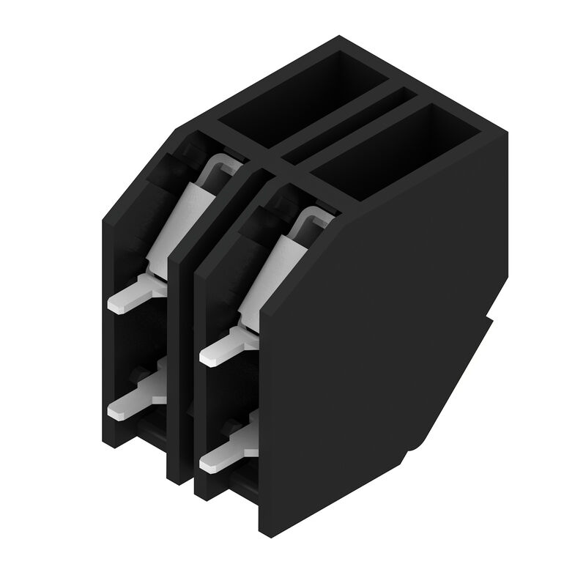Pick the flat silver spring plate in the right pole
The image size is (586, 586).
(271, 271)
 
